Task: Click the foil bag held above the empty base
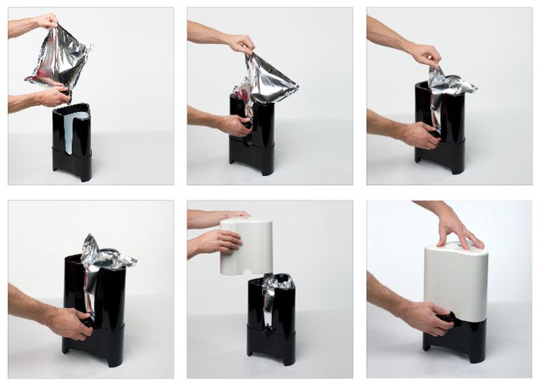pyautogui.click(x=60, y=59)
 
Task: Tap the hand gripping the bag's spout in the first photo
pyautogui.click(x=52, y=96)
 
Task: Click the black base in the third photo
pyautogui.click(x=442, y=146)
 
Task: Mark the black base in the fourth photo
pyautogui.click(x=98, y=325)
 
